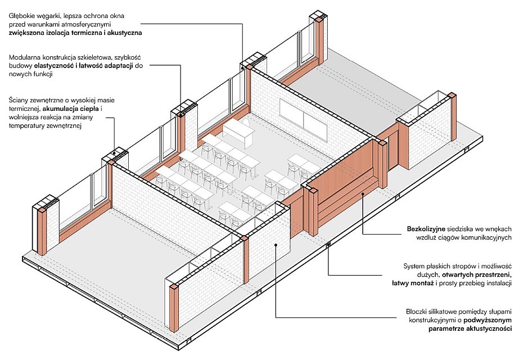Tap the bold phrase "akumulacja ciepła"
pos(71,109)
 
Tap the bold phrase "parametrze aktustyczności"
pos(470,329)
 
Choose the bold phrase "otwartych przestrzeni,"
pos(477,275)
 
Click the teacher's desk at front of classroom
pos(238,133)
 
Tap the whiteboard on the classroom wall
pos(304,118)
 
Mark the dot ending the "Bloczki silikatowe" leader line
pos(276,245)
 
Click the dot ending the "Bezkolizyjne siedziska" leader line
pos(363,193)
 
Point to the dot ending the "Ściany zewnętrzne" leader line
pos(115,153)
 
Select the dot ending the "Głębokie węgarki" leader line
pos(242,67)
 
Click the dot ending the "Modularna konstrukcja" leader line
pos(180,114)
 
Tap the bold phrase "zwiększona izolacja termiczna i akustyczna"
pos(75,33)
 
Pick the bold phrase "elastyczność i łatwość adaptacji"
pos(84,66)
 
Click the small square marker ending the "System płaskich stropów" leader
pos(328,245)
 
